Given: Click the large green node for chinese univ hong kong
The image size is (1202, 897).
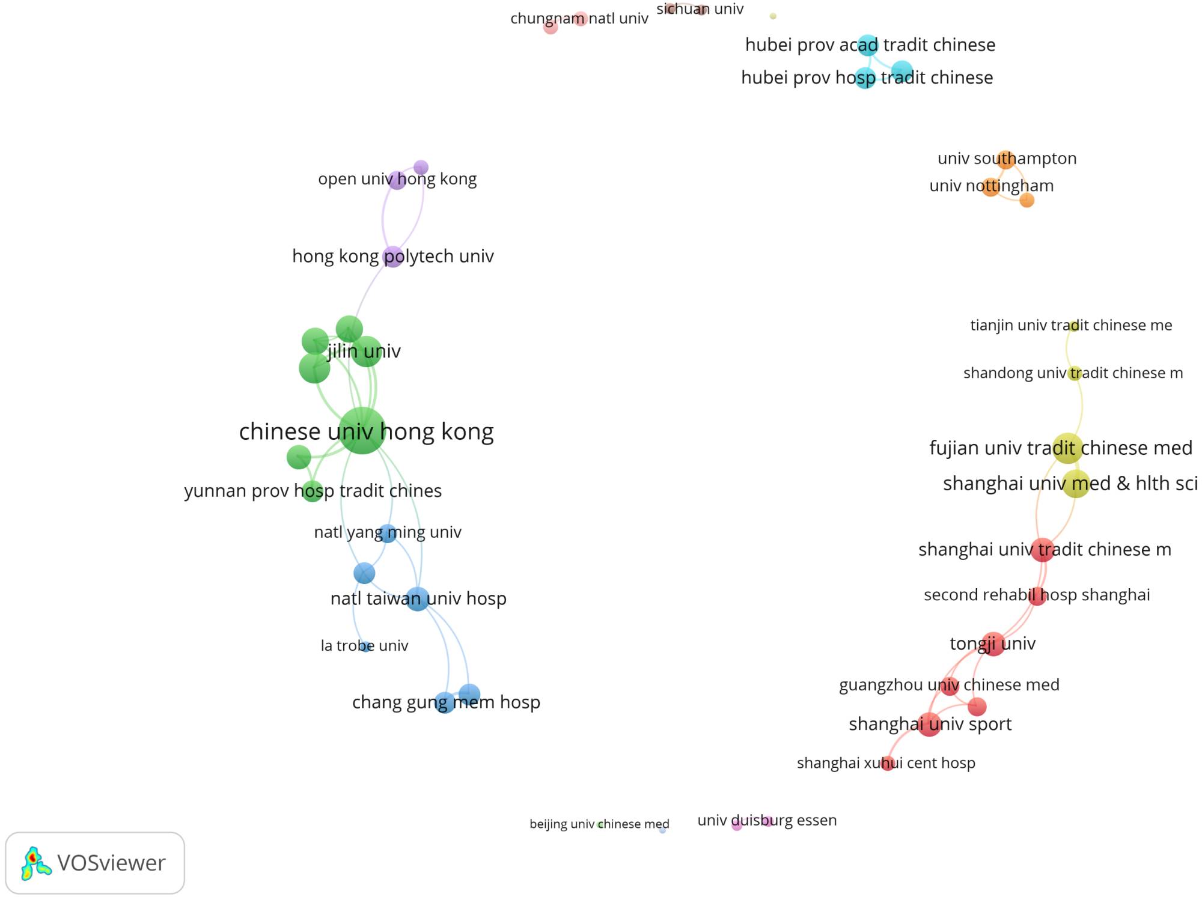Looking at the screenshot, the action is [362, 430].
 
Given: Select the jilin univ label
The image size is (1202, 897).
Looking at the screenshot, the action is [364, 351].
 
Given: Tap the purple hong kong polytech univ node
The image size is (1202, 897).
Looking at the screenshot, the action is [392, 257].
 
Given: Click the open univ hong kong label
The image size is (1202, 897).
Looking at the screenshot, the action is [397, 179].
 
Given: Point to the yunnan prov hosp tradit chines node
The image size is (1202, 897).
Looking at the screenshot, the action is [313, 491].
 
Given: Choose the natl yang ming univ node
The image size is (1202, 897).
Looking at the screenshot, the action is [388, 532].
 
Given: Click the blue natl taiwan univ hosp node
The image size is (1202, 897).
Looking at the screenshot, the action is [417, 598].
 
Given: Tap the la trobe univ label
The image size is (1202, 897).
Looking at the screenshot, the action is [364, 646].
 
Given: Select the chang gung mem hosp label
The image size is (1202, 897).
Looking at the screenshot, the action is [446, 702].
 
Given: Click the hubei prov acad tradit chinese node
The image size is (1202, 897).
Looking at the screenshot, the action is [867, 45].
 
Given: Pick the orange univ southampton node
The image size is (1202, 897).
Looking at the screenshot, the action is [1005, 159].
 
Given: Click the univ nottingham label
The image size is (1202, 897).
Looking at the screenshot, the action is [991, 186].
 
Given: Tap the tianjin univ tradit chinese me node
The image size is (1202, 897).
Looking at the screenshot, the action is [1073, 326].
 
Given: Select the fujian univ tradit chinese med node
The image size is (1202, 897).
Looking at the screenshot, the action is [1067, 448].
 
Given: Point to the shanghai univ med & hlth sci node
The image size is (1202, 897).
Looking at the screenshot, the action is [1076, 484].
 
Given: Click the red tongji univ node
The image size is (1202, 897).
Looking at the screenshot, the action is [993, 644].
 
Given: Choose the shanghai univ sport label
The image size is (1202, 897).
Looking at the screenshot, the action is [930, 724].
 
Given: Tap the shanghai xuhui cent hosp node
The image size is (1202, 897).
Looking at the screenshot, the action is [887, 764].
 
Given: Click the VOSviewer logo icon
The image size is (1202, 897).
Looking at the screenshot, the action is [35, 863].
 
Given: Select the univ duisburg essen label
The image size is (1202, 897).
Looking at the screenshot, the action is [767, 820].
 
